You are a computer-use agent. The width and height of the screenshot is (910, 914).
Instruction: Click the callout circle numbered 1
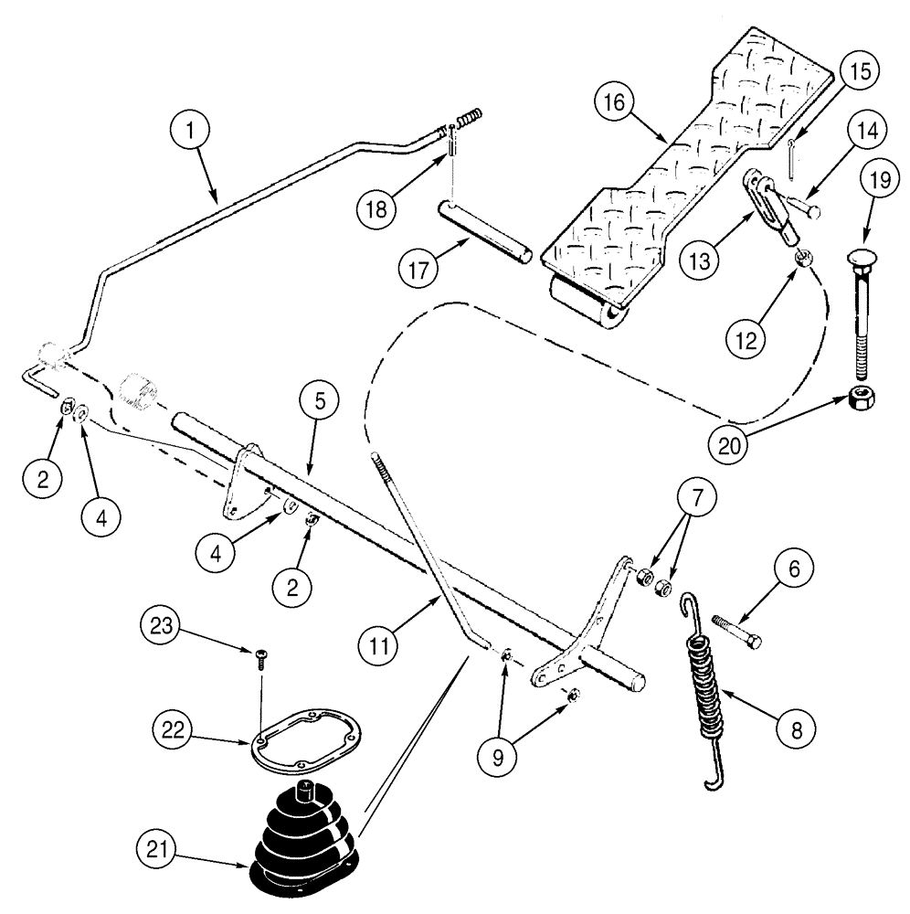(x=190, y=132)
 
